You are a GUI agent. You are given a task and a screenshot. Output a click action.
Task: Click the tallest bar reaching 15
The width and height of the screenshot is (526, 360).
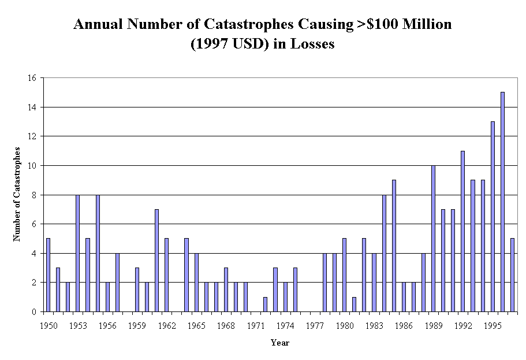[502, 202]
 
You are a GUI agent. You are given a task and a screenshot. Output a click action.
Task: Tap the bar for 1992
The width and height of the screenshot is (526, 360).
[463, 231]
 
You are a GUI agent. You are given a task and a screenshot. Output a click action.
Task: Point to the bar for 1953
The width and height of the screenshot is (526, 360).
[77, 253]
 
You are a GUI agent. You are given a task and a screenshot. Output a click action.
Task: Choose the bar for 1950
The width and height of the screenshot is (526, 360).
[48, 275]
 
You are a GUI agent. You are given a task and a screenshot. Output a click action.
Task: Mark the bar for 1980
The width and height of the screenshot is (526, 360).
[344, 275]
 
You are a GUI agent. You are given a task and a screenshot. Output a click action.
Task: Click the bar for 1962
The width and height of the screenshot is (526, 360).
[166, 275]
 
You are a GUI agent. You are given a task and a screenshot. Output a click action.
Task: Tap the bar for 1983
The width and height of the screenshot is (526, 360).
[374, 283]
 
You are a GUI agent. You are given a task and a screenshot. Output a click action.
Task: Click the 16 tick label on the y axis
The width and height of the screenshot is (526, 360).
[32, 78]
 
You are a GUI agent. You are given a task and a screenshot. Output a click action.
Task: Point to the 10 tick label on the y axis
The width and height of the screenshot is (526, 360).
[32, 166]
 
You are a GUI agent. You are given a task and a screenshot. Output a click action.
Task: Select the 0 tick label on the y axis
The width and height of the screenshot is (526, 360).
[35, 312]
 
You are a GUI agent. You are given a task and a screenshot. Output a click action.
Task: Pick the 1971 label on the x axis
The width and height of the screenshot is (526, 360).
[255, 325]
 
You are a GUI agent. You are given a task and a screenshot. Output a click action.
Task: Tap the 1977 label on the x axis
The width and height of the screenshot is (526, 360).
[315, 325]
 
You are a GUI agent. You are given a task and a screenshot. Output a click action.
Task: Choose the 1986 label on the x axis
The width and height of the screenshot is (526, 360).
[404, 325]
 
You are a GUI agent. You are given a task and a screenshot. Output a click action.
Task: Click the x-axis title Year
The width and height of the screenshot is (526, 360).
[280, 343]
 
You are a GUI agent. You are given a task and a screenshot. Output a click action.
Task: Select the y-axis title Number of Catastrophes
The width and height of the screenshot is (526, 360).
[17, 194]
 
